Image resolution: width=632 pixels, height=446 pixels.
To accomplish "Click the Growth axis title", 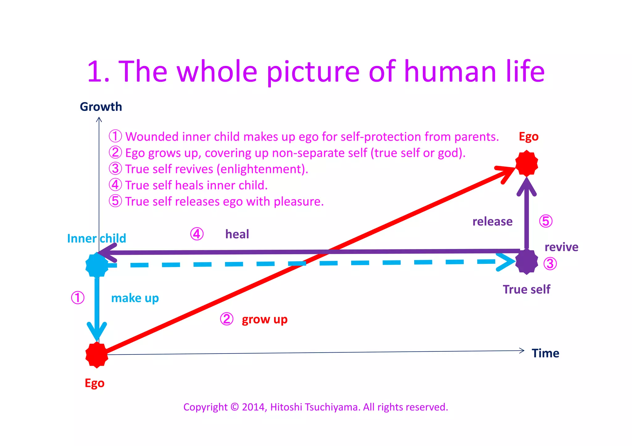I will coord(101,107).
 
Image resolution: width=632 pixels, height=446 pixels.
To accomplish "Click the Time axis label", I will coord(545,353).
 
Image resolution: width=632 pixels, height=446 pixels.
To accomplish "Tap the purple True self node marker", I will coord(526,262).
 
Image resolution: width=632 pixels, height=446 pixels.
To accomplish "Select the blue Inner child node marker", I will coord(97,265).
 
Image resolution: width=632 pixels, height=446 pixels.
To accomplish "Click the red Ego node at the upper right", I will coord(526,163).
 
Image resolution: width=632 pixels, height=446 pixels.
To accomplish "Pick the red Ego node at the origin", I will coord(97,355).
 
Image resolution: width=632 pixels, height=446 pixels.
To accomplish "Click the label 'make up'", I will coord(135,298).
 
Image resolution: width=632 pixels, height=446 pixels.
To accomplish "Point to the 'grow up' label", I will coord(264,320).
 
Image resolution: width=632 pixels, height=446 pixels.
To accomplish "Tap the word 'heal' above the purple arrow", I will coord(237,234).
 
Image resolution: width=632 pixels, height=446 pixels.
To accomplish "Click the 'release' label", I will coord(492,222).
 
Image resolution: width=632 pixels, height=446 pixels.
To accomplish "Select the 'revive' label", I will coord(561,247).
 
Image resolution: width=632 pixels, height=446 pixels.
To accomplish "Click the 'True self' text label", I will coord(526,289).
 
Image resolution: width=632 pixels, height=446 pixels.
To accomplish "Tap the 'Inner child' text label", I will coord(96,239).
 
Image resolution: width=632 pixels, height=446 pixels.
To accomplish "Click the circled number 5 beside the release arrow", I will coord(546,221).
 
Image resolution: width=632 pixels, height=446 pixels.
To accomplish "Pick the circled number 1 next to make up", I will coord(77,298).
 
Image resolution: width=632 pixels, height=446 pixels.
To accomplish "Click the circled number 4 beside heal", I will coord(197,234).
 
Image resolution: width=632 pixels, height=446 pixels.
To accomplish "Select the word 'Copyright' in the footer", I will coord(205,407).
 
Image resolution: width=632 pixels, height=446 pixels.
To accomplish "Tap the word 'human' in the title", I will coord(450,72).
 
